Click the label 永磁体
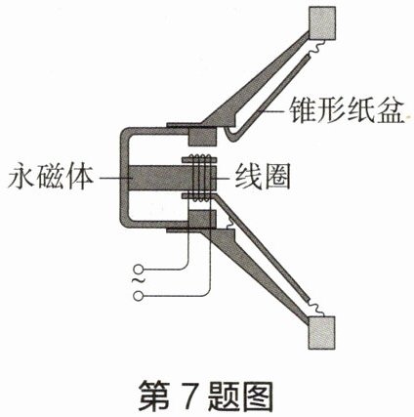52,178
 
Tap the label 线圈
262,178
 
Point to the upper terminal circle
138,270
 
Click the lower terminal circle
138,296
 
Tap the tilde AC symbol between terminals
138,282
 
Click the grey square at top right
322,23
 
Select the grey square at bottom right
321,333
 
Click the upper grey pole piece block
202,137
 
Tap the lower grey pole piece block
202,220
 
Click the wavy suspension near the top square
315,48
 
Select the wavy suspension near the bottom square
315,308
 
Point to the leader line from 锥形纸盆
272,111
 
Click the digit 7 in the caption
189,396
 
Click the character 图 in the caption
257,396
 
